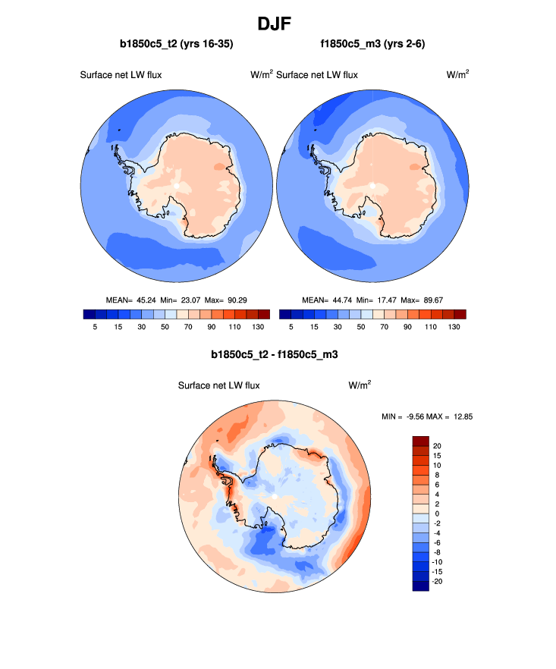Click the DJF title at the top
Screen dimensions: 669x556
click(278, 24)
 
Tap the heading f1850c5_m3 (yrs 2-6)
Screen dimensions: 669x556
click(372, 45)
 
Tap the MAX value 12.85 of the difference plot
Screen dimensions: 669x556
click(463, 416)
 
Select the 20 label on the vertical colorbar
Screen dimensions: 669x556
click(437, 445)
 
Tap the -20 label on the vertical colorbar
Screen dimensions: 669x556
click(438, 581)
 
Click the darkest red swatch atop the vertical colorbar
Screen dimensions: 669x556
click(421, 441)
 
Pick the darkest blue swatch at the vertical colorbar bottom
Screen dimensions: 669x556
click(421, 586)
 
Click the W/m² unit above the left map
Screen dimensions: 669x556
click(262, 74)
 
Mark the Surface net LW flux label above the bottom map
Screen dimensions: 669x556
click(219, 385)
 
